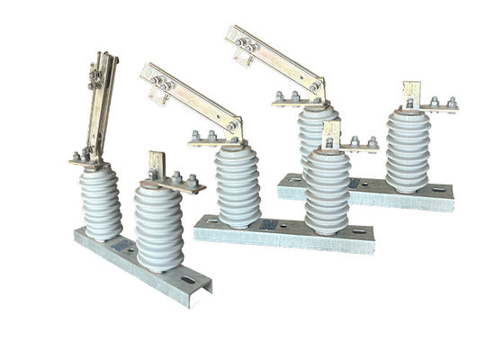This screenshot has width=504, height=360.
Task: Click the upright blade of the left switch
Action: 101,108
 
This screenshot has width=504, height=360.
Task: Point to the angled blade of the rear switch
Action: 274,58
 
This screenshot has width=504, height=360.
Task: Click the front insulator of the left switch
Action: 158,227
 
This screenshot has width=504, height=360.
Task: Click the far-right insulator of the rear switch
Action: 408,151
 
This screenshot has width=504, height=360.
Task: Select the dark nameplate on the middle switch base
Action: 268,224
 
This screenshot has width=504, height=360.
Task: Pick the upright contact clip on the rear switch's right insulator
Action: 411,94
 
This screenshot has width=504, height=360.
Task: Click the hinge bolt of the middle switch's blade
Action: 232,127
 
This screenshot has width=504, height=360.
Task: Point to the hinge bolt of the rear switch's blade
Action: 316,86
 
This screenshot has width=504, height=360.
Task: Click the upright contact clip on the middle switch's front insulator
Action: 329,132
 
